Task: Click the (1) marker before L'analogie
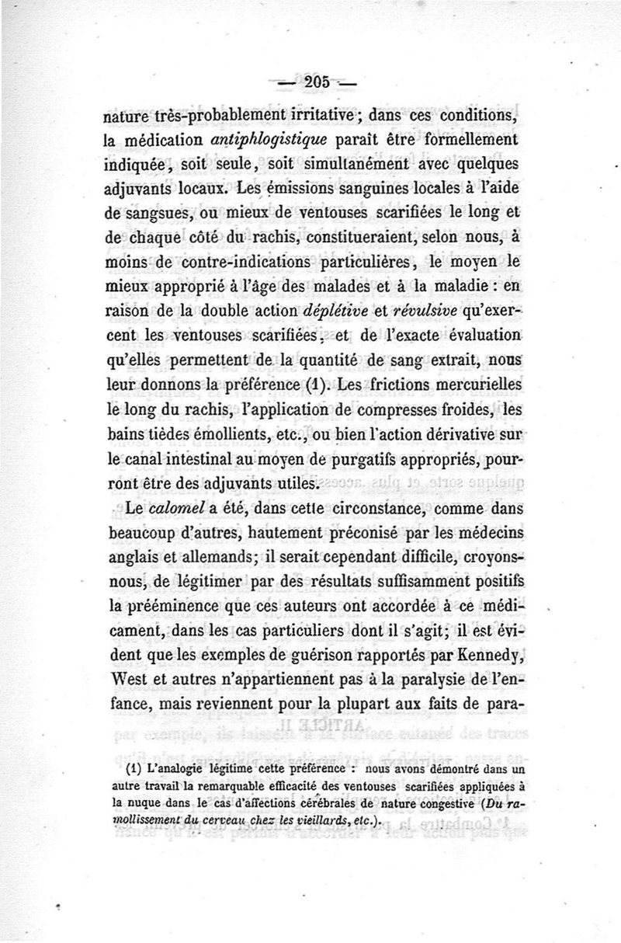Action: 132,770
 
